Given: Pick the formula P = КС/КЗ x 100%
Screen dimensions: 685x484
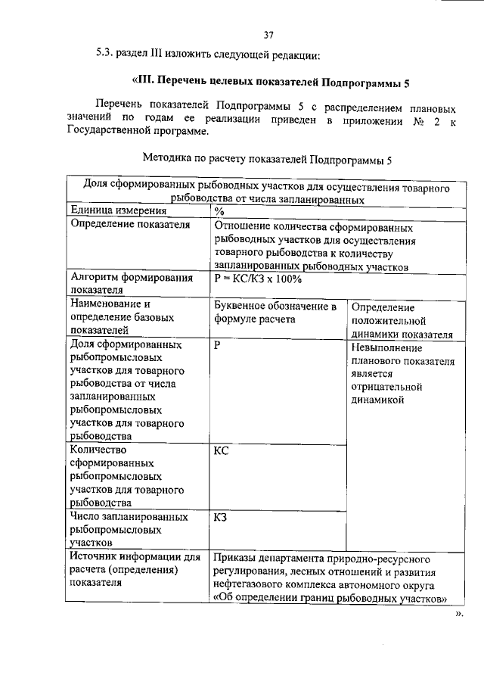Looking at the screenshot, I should coord(258,279).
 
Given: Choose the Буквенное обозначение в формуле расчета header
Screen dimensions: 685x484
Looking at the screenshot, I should coord(275,313).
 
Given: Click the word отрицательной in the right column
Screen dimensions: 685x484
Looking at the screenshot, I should coord(386,387).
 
